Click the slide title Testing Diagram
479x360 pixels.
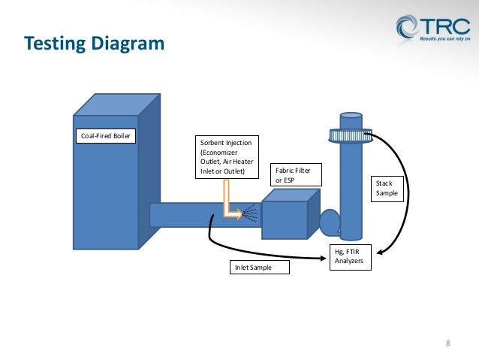95,44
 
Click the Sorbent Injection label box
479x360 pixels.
226,159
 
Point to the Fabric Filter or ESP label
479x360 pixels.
294,175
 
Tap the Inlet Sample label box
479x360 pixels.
258,267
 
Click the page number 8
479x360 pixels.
448,344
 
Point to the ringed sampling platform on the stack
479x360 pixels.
350,135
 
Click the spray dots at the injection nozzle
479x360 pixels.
252,215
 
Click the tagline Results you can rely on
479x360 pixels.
445,36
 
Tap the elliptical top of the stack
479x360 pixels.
350,116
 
